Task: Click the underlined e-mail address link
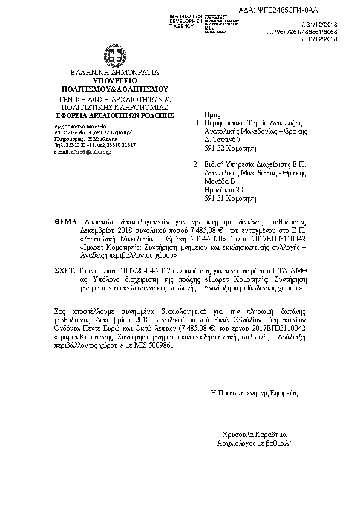tap(91, 152)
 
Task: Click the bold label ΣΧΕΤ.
tap(64, 273)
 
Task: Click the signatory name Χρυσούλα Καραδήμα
tap(254, 435)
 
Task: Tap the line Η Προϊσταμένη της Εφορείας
tap(254, 393)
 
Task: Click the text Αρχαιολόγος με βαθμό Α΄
tap(254, 444)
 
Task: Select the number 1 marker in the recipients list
tap(196, 122)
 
